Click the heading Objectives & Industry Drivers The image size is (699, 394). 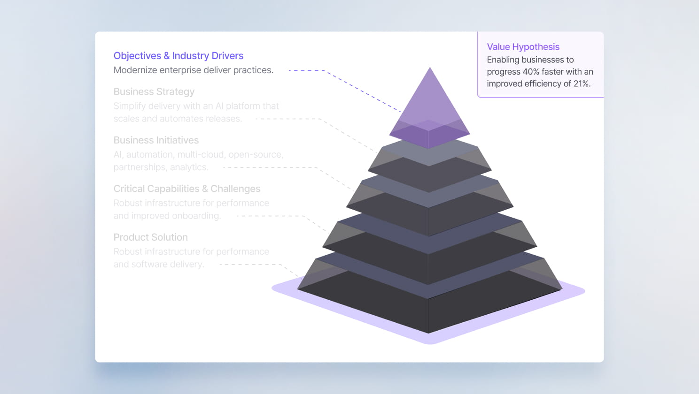179,56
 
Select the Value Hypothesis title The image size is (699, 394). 523,47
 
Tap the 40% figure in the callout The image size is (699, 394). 531,72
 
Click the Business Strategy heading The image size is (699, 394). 154,92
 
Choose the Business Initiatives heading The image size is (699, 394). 156,140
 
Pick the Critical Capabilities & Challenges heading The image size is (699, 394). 187,189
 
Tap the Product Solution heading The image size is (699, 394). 151,237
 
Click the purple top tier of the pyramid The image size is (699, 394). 429,108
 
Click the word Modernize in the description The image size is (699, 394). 135,70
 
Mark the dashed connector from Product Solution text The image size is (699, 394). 254,265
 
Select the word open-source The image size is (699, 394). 256,155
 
